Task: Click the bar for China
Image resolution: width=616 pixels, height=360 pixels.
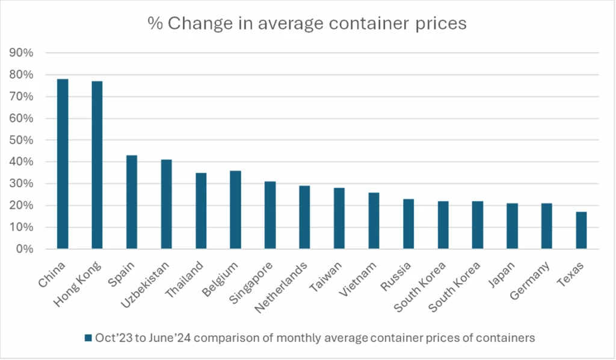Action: click(x=63, y=164)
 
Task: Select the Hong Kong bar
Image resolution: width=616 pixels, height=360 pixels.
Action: click(x=97, y=165)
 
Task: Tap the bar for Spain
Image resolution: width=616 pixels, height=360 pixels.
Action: click(x=132, y=202)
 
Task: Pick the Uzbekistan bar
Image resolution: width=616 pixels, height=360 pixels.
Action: click(x=166, y=204)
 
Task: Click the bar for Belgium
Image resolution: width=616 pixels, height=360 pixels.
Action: click(x=235, y=209)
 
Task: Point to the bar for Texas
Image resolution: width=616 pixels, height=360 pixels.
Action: click(x=581, y=230)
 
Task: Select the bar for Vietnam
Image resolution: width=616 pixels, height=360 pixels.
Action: click(x=374, y=220)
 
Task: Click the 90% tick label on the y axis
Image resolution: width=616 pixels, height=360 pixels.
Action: click(x=22, y=53)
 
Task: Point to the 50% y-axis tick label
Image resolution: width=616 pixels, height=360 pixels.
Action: click(x=22, y=140)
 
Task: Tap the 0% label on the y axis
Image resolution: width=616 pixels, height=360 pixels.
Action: click(x=24, y=249)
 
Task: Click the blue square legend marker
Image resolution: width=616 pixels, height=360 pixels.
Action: click(x=88, y=338)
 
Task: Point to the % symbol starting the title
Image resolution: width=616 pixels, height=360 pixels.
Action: click(x=155, y=23)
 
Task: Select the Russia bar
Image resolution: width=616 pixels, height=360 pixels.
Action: click(x=408, y=223)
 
